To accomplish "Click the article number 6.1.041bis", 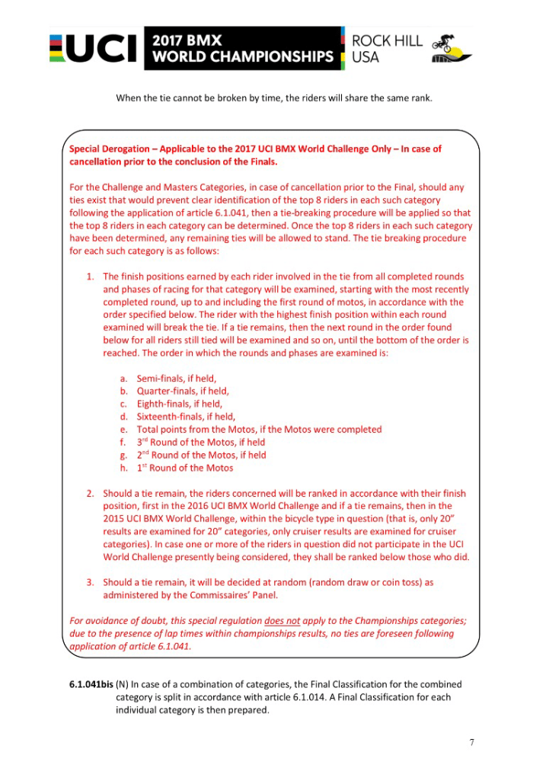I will pos(91,684).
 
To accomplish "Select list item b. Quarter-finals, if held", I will pos(183,391).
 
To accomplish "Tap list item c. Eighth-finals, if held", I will pos(180,404).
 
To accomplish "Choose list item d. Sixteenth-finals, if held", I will pos(187,417).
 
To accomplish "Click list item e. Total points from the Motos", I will pos(259,430).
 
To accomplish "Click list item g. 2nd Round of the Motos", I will pos(201,455).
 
